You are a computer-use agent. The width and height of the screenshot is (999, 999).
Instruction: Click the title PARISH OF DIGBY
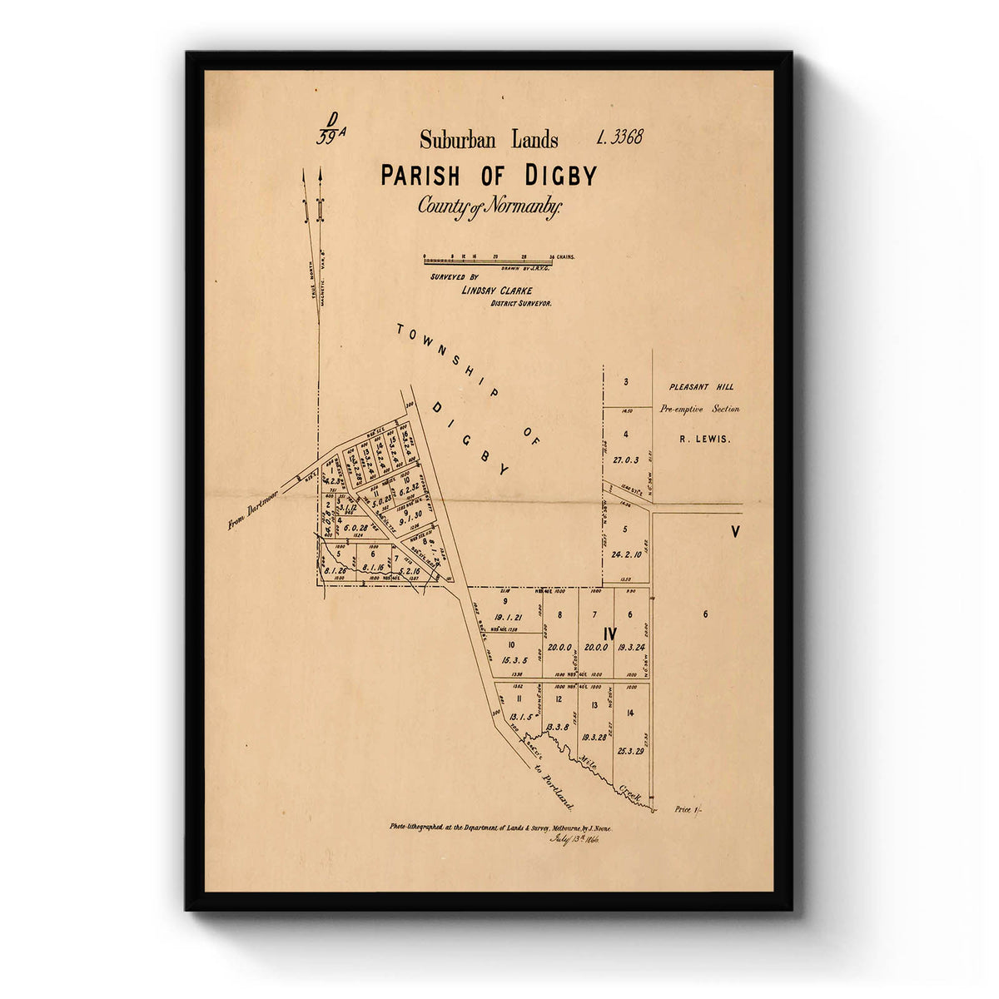pyautogui.click(x=489, y=176)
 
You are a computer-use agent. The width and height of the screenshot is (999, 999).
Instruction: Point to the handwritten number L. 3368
pyautogui.click(x=620, y=137)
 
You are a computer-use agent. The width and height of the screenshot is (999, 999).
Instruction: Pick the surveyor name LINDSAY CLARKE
pyautogui.click(x=496, y=290)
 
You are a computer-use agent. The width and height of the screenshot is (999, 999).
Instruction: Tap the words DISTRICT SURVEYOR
pyautogui.click(x=519, y=304)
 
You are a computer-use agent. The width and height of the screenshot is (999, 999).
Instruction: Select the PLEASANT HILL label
pyautogui.click(x=702, y=387)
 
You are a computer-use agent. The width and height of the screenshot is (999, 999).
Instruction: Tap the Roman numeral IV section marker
pyautogui.click(x=610, y=634)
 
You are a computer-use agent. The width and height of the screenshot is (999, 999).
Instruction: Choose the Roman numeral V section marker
pyautogui.click(x=735, y=532)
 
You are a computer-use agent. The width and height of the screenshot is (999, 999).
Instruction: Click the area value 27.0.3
pyautogui.click(x=625, y=460)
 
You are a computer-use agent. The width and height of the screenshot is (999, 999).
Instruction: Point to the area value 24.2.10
pyautogui.click(x=625, y=554)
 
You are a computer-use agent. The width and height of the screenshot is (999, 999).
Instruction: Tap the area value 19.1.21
pyautogui.click(x=506, y=617)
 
